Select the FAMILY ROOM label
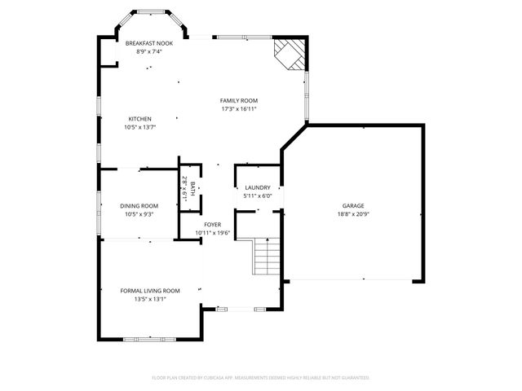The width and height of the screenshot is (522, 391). click(x=239, y=100)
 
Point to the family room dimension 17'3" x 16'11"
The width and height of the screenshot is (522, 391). click(x=239, y=108)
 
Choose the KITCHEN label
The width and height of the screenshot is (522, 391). click(x=139, y=119)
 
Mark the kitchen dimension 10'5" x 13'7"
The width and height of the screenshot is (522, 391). click(x=139, y=127)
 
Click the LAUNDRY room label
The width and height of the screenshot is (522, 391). click(x=258, y=187)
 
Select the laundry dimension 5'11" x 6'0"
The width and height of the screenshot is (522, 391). click(x=258, y=196)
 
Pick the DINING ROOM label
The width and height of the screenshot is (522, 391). click(x=139, y=206)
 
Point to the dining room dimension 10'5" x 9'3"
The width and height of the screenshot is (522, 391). click(x=139, y=215)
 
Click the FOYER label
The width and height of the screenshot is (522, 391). click(x=213, y=224)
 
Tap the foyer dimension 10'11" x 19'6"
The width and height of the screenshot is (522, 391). click(x=213, y=233)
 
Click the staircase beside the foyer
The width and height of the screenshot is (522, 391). click(x=267, y=257)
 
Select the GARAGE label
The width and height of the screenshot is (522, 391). click(x=353, y=206)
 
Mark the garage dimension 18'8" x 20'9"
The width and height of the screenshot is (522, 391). click(x=353, y=215)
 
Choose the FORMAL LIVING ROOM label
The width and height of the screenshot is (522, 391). click(x=150, y=290)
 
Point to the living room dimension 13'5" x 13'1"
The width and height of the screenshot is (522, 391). click(x=150, y=299)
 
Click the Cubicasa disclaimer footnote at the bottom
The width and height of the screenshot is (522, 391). click(x=261, y=378)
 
